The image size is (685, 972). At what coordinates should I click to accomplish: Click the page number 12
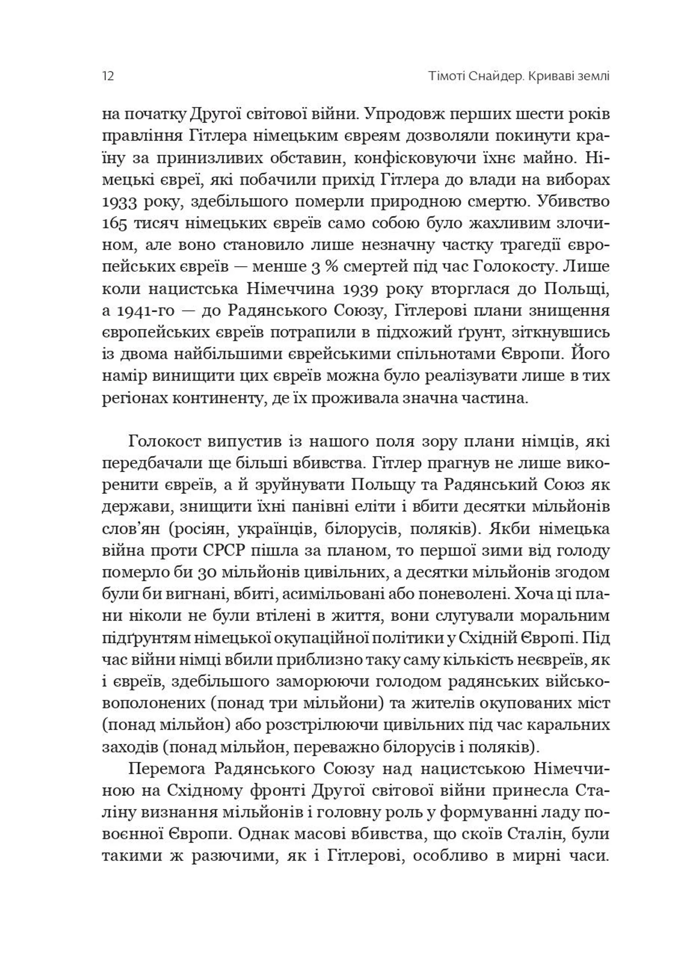point(108,77)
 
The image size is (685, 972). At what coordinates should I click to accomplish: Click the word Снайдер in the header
point(493,77)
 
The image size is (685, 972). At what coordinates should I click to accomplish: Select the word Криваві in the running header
point(548,77)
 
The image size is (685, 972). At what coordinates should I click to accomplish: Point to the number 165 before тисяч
point(114,224)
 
